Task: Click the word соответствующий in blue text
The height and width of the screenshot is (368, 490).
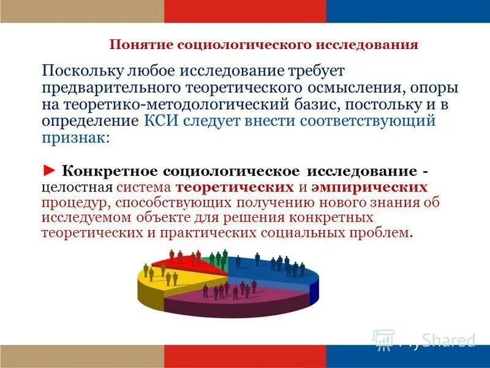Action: pyautogui.click(x=367, y=120)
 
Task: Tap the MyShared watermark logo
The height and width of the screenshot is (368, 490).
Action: pyautogui.click(x=423, y=340)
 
